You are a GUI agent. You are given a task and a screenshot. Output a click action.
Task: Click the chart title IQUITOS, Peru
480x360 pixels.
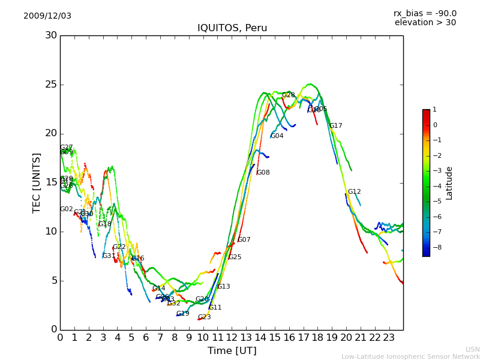click(x=232, y=28)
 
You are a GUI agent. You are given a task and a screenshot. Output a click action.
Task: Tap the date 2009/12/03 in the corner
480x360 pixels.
click(x=47, y=16)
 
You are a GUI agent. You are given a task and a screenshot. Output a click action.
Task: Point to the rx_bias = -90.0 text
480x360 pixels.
click(x=425, y=13)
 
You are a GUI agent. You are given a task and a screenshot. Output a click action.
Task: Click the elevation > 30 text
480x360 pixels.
click(x=425, y=23)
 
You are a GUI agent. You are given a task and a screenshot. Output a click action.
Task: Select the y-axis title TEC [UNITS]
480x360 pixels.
click(x=37, y=182)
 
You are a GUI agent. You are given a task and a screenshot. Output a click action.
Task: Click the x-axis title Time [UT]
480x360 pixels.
click(x=232, y=350)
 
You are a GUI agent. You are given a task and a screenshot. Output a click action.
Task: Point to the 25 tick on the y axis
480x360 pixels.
click(x=51, y=85)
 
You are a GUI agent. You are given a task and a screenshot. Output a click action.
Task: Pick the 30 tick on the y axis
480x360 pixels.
click(x=51, y=35)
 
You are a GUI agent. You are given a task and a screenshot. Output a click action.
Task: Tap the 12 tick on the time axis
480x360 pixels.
click(x=232, y=337)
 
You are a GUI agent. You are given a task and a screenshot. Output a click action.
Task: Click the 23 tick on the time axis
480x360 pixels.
click(x=389, y=337)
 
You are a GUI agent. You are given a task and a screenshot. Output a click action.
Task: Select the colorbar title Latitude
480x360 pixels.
click(x=449, y=183)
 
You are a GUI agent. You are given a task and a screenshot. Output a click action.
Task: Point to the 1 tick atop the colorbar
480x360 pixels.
click(x=434, y=110)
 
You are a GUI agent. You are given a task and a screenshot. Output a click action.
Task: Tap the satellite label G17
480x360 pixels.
click(x=335, y=126)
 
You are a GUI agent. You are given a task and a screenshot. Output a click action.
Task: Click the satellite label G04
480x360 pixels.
click(x=277, y=136)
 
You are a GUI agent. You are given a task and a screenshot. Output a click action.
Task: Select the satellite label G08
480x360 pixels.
click(x=263, y=173)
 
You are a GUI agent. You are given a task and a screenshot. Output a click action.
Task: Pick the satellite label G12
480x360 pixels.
click(x=354, y=192)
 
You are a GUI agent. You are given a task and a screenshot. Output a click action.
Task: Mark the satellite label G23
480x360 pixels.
click(x=204, y=317)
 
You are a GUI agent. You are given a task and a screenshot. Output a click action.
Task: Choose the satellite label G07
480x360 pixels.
click(x=244, y=240)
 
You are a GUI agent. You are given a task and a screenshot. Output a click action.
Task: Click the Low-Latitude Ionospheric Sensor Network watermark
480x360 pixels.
click(x=410, y=356)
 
